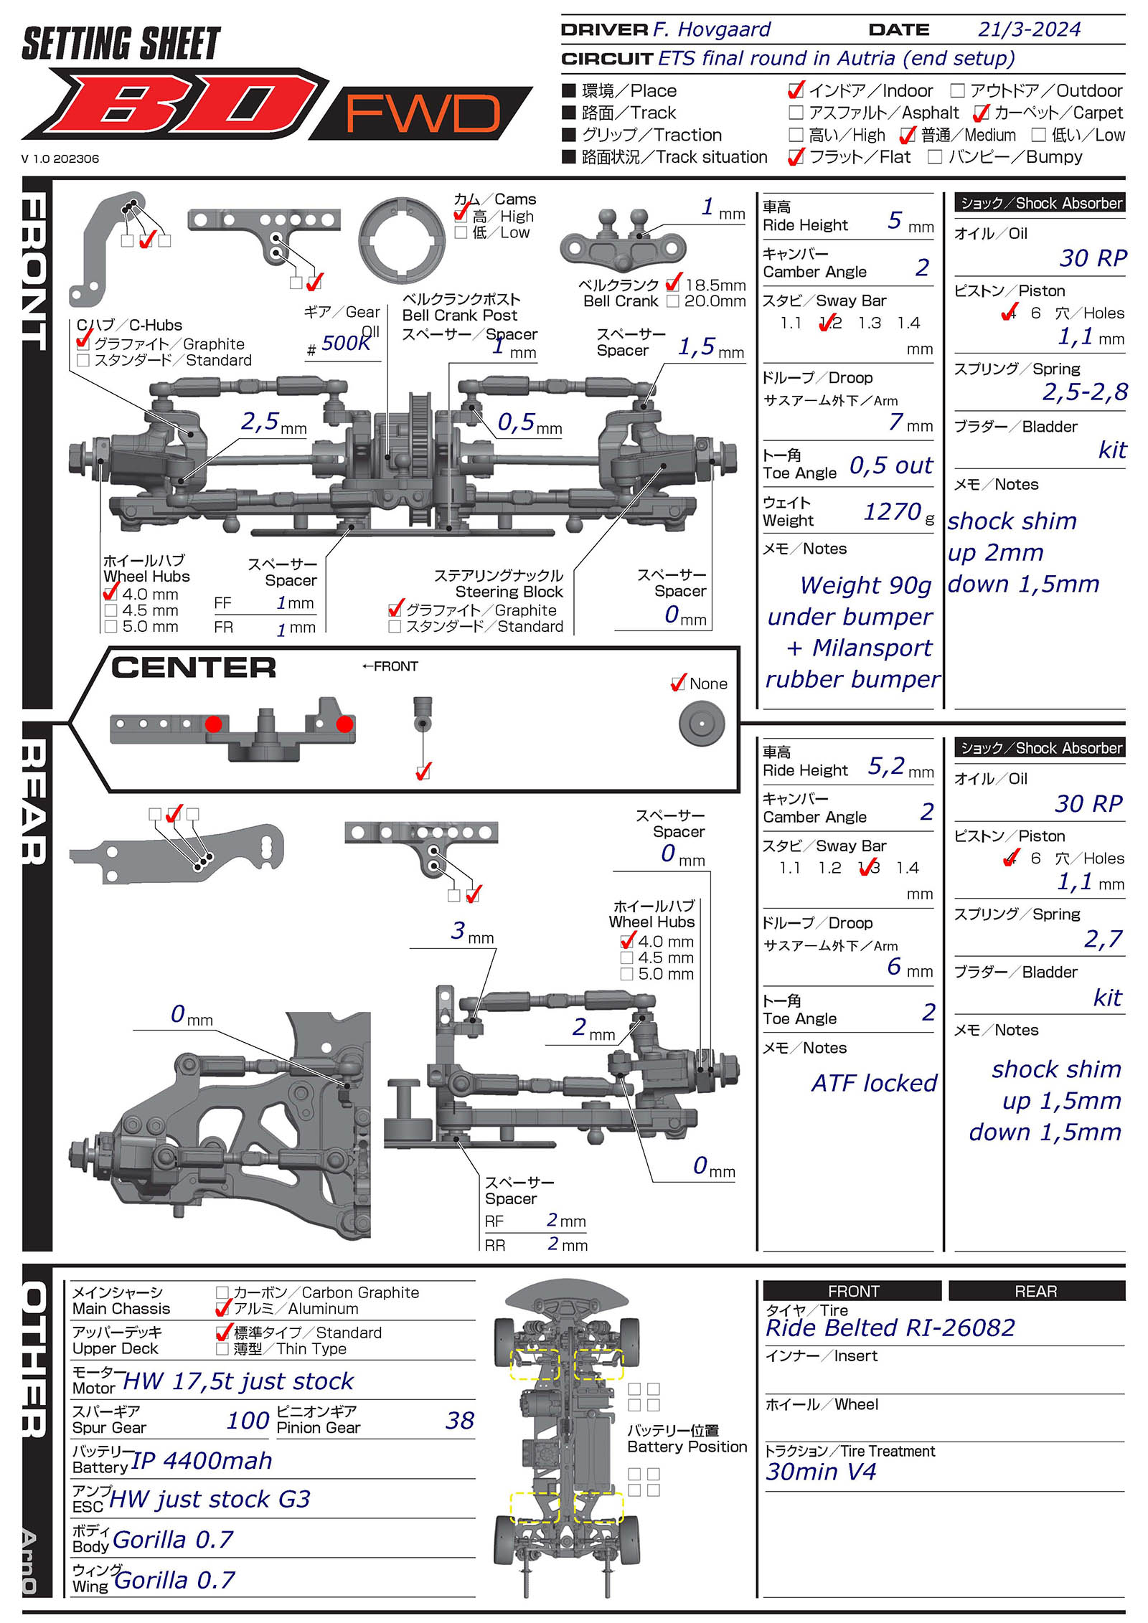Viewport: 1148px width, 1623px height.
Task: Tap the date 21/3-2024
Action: (x=1029, y=29)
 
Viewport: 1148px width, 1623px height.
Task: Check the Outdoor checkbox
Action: (x=957, y=91)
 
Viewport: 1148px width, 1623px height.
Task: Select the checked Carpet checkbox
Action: (x=981, y=113)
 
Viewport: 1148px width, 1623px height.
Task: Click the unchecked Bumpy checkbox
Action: (x=934, y=157)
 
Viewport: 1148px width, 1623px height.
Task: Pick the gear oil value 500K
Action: (x=345, y=344)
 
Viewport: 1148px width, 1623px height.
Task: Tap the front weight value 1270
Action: (x=892, y=512)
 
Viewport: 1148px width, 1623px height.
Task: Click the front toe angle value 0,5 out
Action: (x=890, y=466)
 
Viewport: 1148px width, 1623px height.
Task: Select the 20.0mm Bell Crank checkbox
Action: (x=672, y=301)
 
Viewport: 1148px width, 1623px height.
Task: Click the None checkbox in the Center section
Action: (x=677, y=684)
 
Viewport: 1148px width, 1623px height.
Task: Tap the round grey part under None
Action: (x=701, y=724)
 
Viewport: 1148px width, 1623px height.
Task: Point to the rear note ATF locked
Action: (x=874, y=1084)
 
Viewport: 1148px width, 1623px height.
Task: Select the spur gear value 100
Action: (x=248, y=1421)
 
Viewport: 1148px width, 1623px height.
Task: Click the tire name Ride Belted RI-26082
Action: (x=890, y=1328)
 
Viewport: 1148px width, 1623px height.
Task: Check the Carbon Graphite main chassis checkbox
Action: (x=222, y=1292)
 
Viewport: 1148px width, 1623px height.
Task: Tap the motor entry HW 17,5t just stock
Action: (x=238, y=1381)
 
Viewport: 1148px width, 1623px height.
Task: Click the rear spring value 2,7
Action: (x=1103, y=939)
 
